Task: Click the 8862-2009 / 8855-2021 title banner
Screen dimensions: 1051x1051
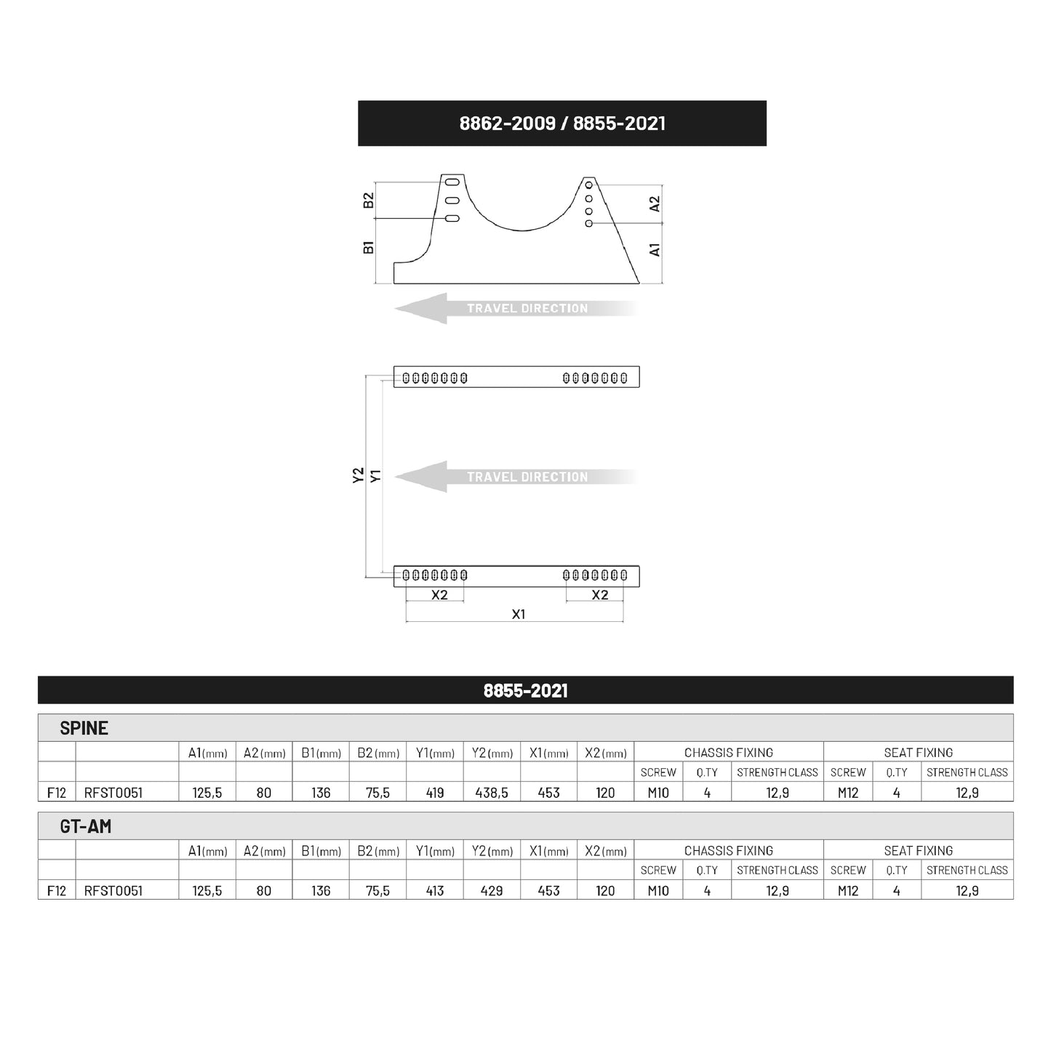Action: pyautogui.click(x=562, y=123)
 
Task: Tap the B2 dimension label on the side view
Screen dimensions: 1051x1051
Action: pyautogui.click(x=369, y=200)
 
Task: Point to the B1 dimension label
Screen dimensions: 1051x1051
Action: pyautogui.click(x=369, y=247)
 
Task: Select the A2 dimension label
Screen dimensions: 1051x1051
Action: pyautogui.click(x=655, y=204)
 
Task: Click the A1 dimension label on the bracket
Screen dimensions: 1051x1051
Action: pyautogui.click(x=655, y=249)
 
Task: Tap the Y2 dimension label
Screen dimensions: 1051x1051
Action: pyautogui.click(x=358, y=476)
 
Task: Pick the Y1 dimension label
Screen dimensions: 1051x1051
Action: pyautogui.click(x=375, y=476)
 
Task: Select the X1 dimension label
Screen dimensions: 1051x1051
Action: pyautogui.click(x=518, y=615)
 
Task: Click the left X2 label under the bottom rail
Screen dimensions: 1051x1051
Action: pyautogui.click(x=439, y=595)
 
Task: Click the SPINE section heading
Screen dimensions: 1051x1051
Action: pyautogui.click(x=84, y=728)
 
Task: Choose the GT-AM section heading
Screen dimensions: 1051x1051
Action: pyautogui.click(x=85, y=826)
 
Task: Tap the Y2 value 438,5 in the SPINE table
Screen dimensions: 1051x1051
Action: pyautogui.click(x=492, y=793)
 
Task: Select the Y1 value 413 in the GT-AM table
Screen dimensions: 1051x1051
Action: pyautogui.click(x=434, y=890)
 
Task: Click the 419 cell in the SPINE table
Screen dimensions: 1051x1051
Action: pyautogui.click(x=434, y=793)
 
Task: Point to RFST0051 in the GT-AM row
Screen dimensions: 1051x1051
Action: pyautogui.click(x=113, y=890)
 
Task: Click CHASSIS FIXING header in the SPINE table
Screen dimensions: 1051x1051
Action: pyautogui.click(x=728, y=753)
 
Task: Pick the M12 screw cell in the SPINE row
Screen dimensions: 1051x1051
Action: pyautogui.click(x=847, y=793)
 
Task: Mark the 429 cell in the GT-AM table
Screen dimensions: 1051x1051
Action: pyautogui.click(x=492, y=890)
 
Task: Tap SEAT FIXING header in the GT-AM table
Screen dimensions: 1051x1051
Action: pyautogui.click(x=918, y=850)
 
